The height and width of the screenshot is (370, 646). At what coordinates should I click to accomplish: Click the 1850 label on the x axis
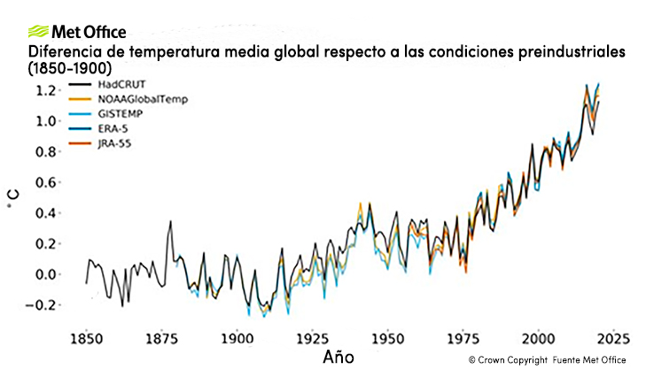(86, 340)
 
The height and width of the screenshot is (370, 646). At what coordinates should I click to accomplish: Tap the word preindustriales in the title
(563, 52)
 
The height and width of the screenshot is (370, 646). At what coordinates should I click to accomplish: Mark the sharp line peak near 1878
(170, 221)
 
